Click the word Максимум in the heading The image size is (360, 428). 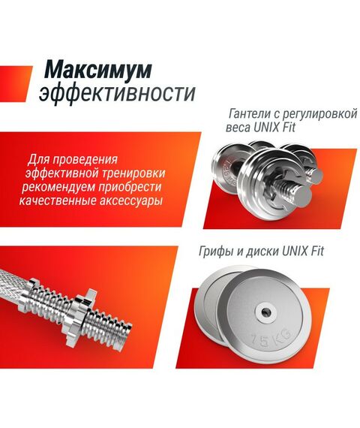[x=97, y=69]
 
